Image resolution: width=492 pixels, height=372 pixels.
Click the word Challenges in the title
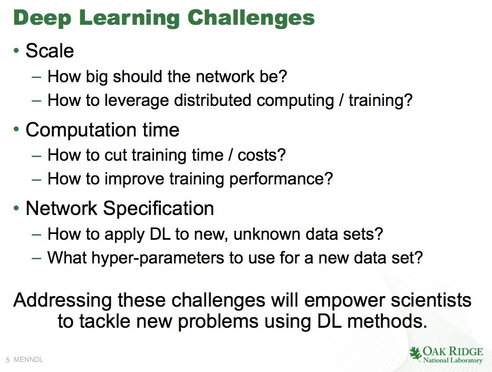point(251,18)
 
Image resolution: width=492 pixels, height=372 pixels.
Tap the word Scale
point(50,51)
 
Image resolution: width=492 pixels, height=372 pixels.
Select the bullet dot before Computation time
point(16,129)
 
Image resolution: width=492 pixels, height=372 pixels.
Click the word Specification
point(158,209)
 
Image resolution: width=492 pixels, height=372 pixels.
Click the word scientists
point(431,300)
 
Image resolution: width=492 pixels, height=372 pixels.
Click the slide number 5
point(8,360)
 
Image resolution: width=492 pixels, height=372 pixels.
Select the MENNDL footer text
point(28,360)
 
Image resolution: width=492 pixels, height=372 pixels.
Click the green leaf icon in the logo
point(416,354)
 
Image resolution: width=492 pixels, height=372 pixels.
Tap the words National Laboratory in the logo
point(453,360)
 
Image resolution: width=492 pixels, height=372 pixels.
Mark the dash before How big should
point(37,77)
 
